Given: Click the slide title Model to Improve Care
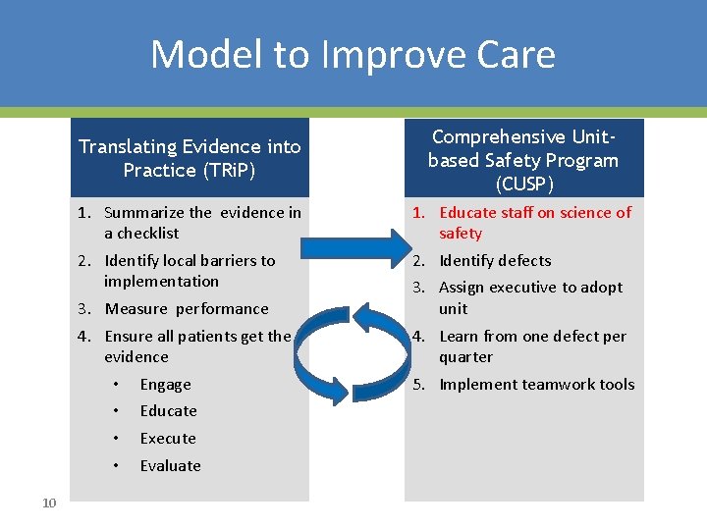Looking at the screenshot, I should (353, 54).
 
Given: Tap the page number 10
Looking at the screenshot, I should (50, 503).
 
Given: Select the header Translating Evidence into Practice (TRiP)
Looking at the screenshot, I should (190, 158).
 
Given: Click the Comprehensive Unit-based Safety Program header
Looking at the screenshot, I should (523, 159).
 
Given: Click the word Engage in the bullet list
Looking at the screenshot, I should (165, 385).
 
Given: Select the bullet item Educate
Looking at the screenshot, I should (168, 411).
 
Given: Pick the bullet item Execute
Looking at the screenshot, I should (168, 439).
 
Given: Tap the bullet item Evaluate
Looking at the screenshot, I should (170, 466).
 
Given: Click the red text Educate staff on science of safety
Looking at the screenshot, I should (534, 223).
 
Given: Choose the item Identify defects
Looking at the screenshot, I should (495, 261).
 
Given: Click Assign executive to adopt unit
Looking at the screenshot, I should (530, 297).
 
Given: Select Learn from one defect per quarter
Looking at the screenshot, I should (531, 346).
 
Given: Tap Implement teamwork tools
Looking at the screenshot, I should (536, 385).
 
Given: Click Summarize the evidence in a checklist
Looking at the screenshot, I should (201, 223).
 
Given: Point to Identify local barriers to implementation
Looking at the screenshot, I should (190, 271).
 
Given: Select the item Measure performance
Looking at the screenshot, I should (186, 309).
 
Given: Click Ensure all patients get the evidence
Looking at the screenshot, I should (197, 346).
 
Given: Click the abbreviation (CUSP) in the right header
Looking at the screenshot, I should (523, 184).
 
